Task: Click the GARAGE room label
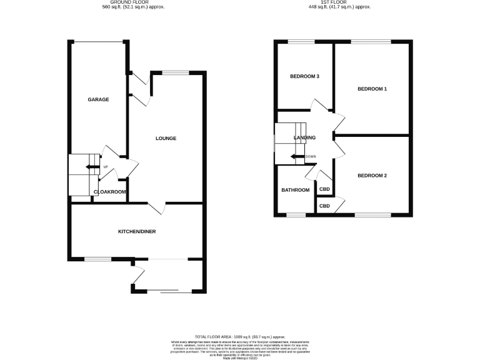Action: [98, 100]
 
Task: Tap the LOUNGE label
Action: [166, 138]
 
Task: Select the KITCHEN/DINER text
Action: [137, 232]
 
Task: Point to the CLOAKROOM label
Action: [110, 192]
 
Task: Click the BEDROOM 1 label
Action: [372, 89]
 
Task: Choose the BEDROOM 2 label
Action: [372, 176]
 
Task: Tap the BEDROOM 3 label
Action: [304, 77]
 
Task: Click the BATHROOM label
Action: [295, 190]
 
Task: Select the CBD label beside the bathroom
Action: [325, 189]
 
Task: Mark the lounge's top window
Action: [176, 73]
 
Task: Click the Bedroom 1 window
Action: [371, 42]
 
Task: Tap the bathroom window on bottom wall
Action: [296, 215]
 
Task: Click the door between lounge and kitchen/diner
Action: [157, 207]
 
